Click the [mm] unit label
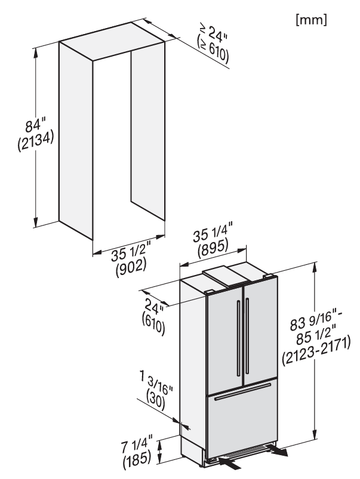pos(311,20)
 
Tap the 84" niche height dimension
pos(35,125)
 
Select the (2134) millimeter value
pos(35,141)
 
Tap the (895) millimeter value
pos(213,248)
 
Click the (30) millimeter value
pos(156,400)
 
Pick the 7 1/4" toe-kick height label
pos(137,447)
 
